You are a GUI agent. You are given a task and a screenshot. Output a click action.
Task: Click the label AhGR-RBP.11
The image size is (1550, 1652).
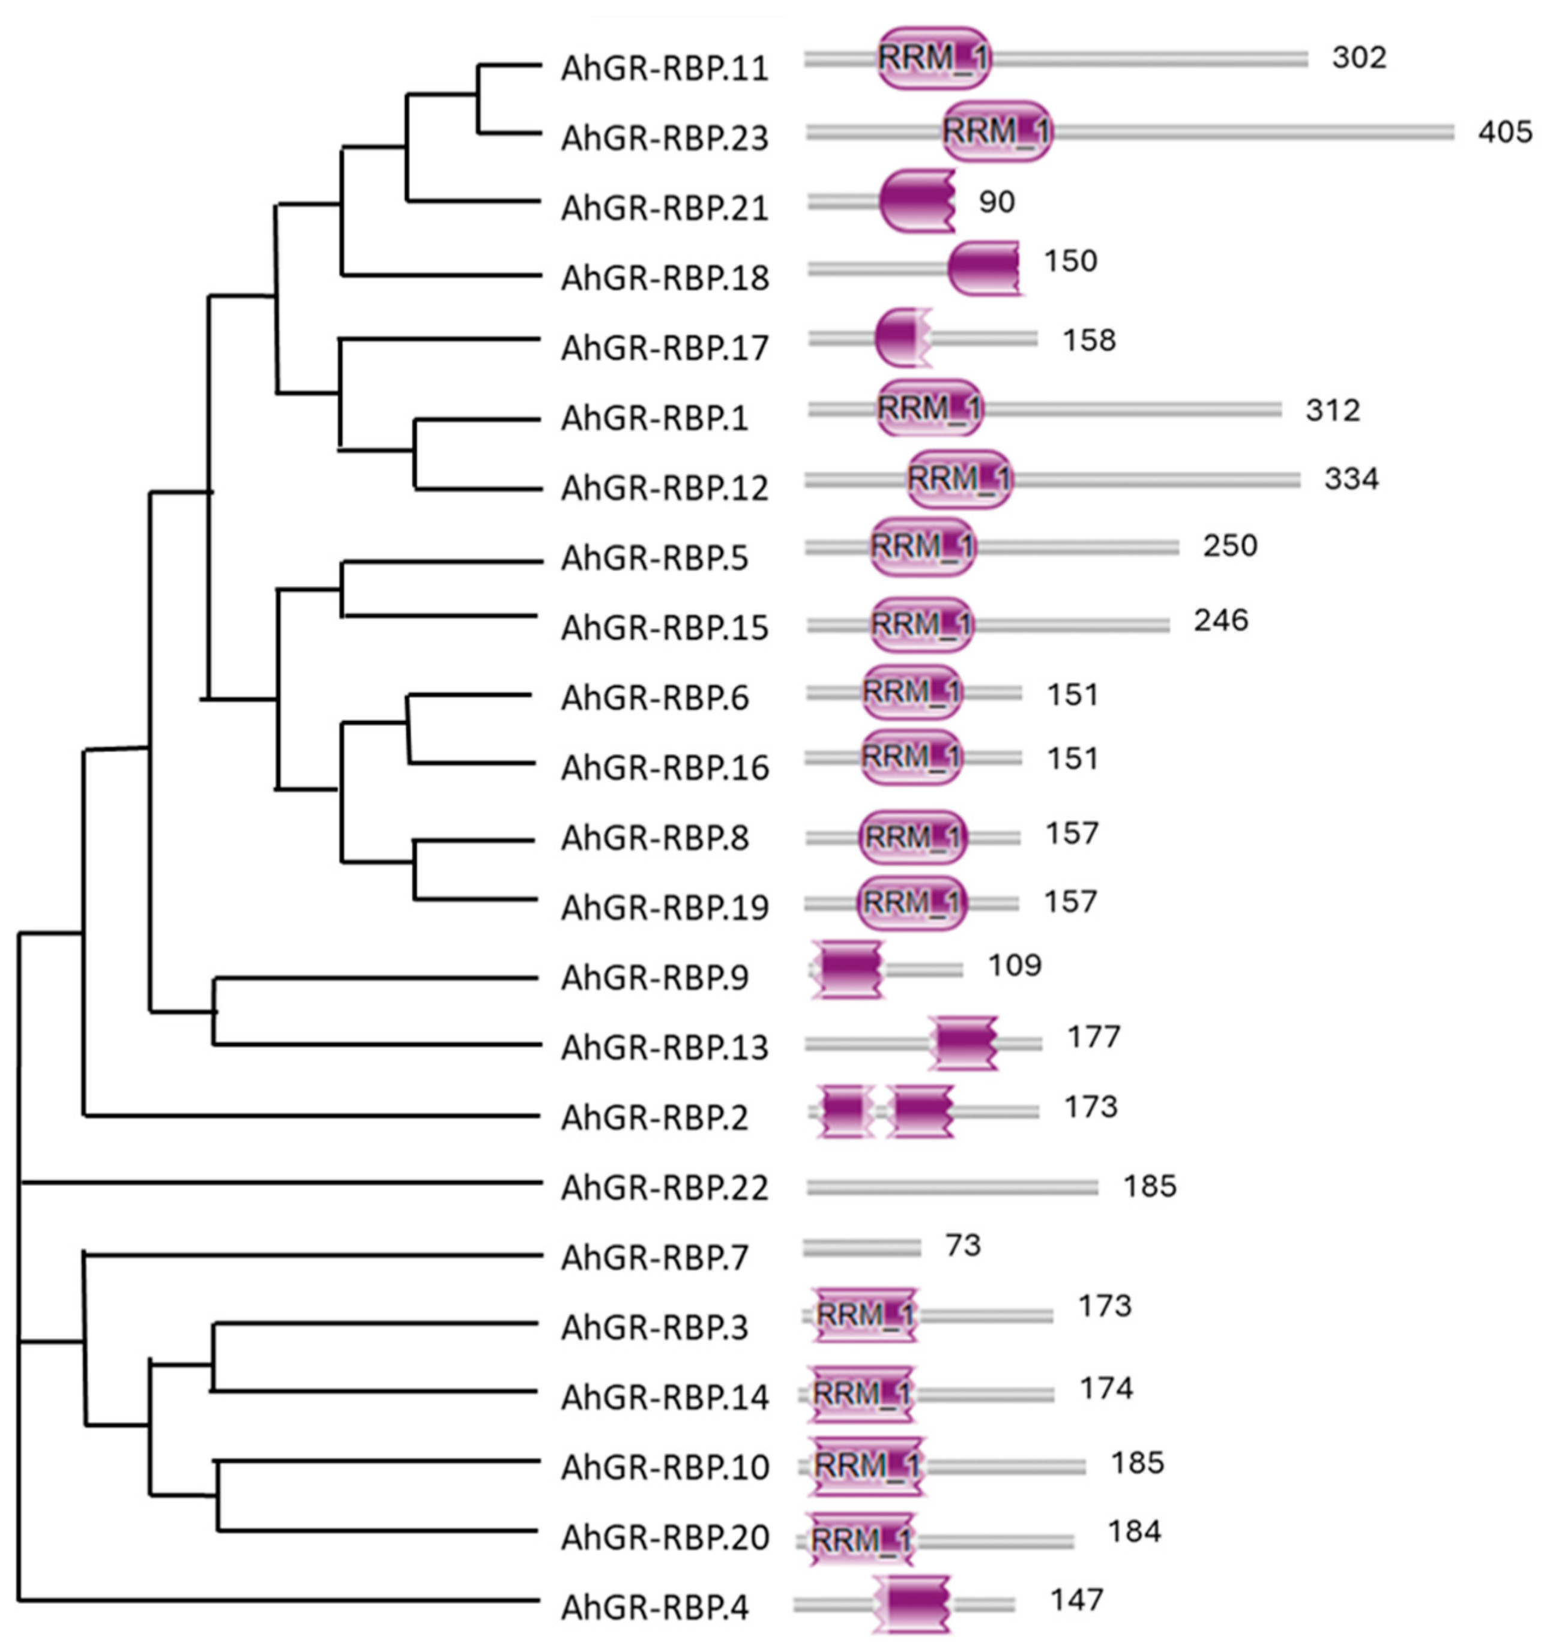click(x=665, y=68)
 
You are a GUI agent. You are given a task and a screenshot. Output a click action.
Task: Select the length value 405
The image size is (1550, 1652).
click(x=1504, y=132)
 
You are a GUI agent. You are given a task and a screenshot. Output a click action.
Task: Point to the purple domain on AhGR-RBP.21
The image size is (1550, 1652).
click(x=916, y=200)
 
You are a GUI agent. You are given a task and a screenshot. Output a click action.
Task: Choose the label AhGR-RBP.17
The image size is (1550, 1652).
click(x=665, y=347)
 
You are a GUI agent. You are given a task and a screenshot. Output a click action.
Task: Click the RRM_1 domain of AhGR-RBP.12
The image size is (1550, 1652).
click(x=959, y=479)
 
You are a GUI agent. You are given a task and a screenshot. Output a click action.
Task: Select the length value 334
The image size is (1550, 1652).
click(x=1351, y=479)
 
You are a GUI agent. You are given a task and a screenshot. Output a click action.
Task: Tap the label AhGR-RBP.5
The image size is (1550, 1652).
click(x=655, y=557)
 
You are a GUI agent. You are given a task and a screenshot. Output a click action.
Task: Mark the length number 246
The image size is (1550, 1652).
click(x=1221, y=620)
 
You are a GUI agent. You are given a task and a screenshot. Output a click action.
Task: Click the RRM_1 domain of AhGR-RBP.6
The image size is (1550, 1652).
click(x=912, y=691)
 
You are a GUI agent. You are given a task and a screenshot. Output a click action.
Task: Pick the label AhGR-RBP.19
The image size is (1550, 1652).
click(x=665, y=907)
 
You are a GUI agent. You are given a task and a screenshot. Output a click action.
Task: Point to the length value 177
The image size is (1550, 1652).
click(x=1094, y=1037)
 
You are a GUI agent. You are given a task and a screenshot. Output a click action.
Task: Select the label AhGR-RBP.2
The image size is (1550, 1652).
click(x=655, y=1118)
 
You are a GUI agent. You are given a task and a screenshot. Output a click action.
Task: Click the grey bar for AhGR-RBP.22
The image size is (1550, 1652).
click(x=951, y=1188)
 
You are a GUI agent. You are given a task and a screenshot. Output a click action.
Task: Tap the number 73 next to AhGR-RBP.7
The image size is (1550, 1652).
click(x=962, y=1245)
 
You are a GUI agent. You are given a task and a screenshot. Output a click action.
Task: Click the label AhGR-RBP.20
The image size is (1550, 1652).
click(x=665, y=1537)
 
